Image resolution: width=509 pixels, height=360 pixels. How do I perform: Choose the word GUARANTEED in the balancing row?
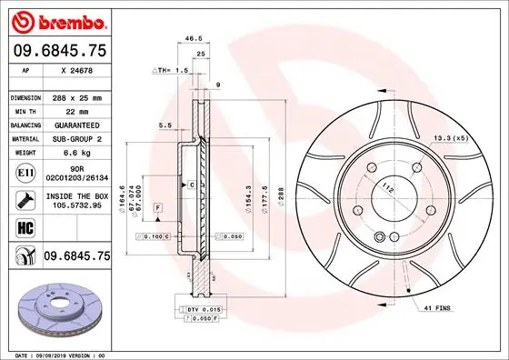[78, 125]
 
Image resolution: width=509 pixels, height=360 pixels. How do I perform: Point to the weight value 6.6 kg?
[74, 153]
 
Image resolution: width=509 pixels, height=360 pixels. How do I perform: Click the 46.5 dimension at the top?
[193, 39]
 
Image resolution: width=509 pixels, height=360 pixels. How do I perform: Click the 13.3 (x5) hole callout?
[450, 137]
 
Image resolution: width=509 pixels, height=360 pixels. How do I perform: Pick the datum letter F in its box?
[157, 209]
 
